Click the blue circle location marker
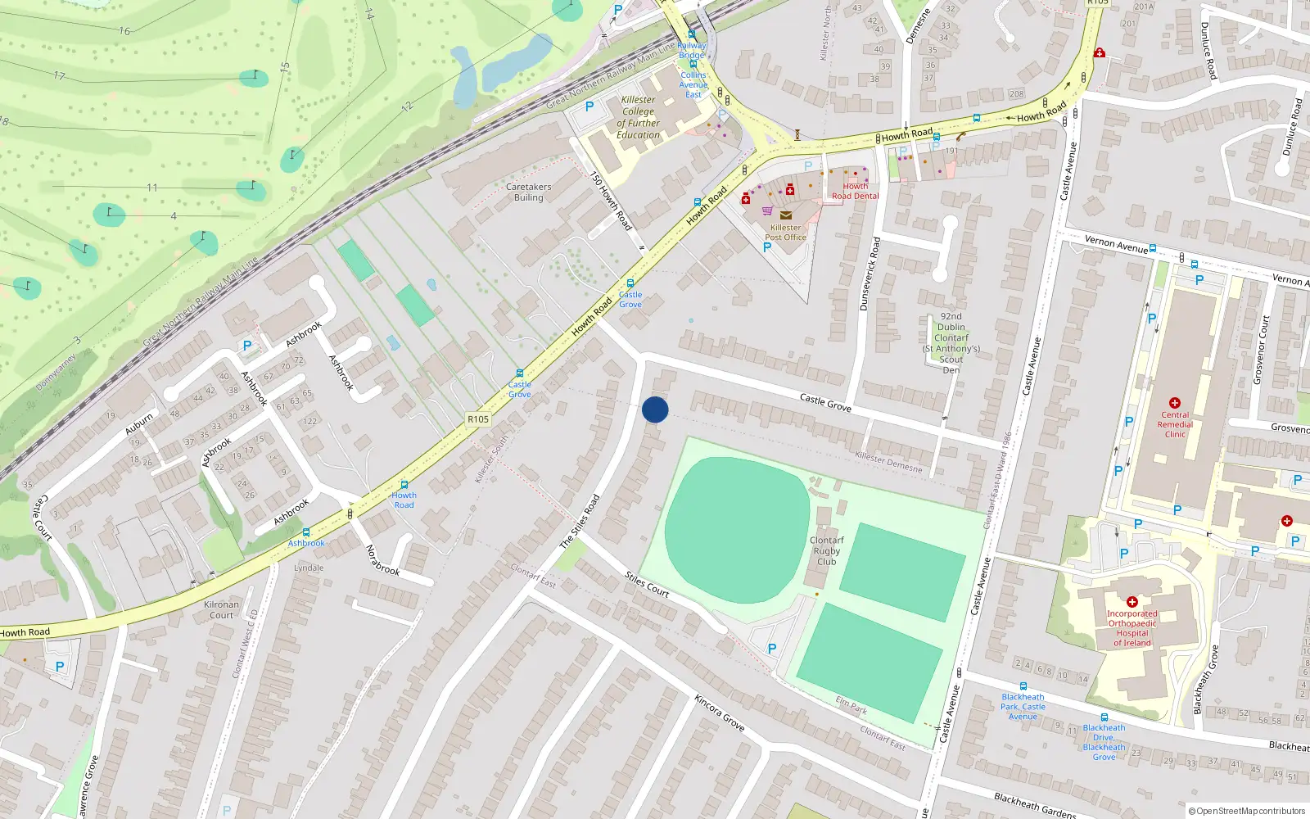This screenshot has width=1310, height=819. click(655, 409)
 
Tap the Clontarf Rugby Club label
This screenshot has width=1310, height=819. click(826, 550)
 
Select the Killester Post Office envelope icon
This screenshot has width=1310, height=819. click(786, 215)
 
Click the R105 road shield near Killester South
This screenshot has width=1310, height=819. click(478, 419)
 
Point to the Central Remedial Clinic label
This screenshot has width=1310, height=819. click(1175, 424)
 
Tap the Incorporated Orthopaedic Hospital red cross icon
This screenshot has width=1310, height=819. click(1132, 602)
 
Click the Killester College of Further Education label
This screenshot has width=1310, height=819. click(638, 117)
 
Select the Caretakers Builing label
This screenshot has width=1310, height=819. click(528, 192)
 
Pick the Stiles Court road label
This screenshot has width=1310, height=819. click(647, 585)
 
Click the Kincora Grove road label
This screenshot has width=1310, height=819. click(719, 713)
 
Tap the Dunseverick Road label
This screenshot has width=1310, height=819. click(870, 274)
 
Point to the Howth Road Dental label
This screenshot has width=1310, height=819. click(855, 191)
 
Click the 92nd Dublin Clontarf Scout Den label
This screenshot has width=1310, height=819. click(951, 342)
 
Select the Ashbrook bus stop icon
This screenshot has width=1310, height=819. click(306, 532)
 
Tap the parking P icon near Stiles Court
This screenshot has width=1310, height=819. click(771, 649)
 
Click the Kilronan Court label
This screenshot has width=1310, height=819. click(221, 609)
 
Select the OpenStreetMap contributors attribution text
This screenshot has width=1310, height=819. click(1246, 811)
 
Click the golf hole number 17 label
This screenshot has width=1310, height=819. click(59, 76)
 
